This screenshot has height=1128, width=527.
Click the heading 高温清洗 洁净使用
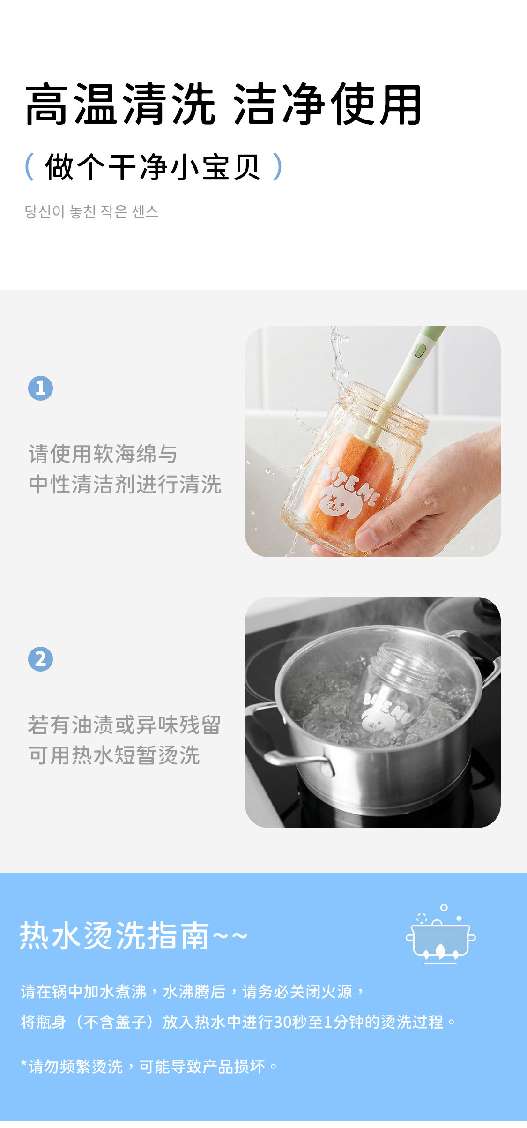tap(223, 105)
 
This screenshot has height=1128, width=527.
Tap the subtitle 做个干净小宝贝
tap(153, 167)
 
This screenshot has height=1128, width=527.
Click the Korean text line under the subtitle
tap(91, 211)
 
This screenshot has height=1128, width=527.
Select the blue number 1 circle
tap(40, 388)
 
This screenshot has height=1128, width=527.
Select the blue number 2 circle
tap(40, 659)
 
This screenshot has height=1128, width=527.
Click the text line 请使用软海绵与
tap(103, 454)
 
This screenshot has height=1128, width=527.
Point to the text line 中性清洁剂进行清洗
tap(125, 484)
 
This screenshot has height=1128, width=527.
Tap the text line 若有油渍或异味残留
tap(125, 725)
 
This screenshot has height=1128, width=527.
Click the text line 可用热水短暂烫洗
tap(114, 755)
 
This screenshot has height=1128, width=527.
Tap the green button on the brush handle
tap(420, 350)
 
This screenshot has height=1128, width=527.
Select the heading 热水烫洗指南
tap(114, 936)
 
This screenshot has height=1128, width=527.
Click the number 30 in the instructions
tap(282, 1022)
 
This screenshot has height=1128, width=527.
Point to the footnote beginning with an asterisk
tap(149, 1066)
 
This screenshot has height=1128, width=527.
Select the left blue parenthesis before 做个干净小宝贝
tap(30, 166)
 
